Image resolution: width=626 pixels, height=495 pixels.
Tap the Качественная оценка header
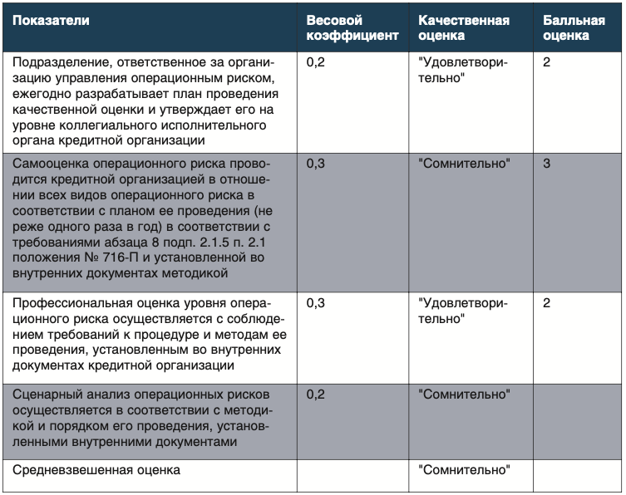coord(464,27)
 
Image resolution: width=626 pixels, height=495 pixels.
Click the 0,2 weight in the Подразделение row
coord(316,62)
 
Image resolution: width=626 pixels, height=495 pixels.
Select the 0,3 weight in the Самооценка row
coord(316,164)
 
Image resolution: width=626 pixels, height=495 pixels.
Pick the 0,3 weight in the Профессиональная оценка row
coord(316,303)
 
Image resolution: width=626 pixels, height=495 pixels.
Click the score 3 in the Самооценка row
coord(546,164)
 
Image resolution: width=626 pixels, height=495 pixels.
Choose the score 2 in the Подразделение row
coord(546,62)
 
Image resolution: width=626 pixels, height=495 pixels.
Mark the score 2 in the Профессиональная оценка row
coord(546,303)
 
